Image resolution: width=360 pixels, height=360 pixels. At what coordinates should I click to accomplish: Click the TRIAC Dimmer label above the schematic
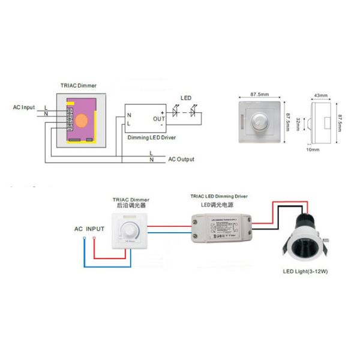point(78,86)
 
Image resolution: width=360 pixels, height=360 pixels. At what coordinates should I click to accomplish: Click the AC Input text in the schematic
point(24,107)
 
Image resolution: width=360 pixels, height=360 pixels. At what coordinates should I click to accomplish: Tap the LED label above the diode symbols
point(187,98)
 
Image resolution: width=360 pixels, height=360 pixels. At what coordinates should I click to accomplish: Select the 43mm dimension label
point(321,95)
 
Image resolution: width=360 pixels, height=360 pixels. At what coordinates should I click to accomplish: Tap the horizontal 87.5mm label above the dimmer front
point(259,94)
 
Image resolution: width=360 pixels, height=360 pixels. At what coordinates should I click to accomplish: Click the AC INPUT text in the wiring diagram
point(89,229)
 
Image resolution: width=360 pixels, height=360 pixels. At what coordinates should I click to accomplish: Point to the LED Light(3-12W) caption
point(309,272)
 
